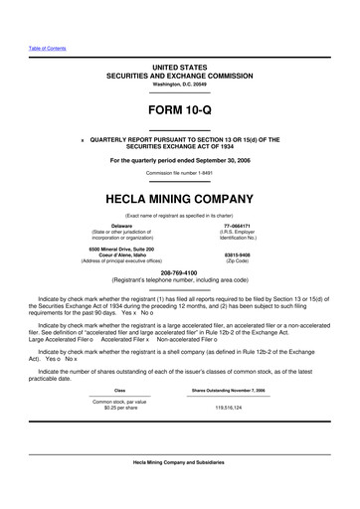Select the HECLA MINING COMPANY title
[x=179, y=199]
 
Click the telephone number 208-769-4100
[x=179, y=268]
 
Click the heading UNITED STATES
[x=179, y=67]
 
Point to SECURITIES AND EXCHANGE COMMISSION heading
[x=179, y=76]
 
